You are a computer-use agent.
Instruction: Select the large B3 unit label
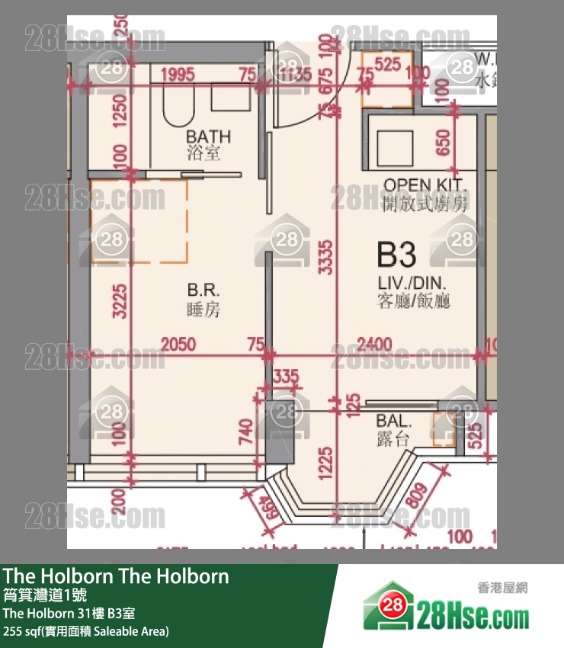[x=396, y=254]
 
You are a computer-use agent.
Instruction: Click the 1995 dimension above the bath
[x=178, y=75]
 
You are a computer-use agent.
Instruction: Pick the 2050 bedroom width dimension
[x=178, y=345]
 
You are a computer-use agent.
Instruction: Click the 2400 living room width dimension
[x=376, y=345]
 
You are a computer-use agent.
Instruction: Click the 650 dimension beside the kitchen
[x=444, y=143]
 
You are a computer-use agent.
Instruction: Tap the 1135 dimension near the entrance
[x=295, y=75]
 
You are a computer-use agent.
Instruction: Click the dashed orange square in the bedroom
[x=139, y=221]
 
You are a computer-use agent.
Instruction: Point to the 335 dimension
[x=285, y=375]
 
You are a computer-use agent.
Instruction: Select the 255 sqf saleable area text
[x=85, y=630]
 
